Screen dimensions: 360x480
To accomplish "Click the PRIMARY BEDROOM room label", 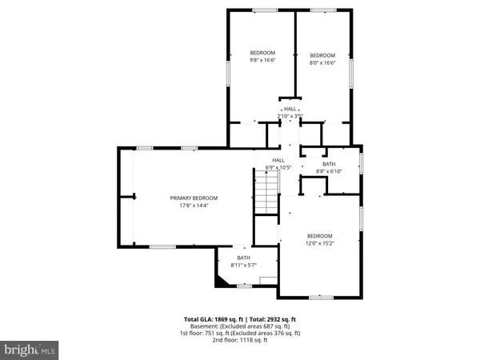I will pyautogui.click(x=194, y=198).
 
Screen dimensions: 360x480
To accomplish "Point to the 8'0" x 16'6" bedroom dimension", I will pyautogui.click(x=322, y=62).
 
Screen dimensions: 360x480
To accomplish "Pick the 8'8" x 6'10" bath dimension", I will pyautogui.click(x=329, y=171).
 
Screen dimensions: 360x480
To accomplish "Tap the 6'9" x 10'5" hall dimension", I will pyautogui.click(x=278, y=167).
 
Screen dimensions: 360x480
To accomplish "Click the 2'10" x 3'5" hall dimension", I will pyautogui.click(x=290, y=116).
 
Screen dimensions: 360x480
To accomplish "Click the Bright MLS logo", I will pyautogui.click(x=30, y=350).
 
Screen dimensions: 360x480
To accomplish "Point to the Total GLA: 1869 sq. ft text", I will pyautogui.click(x=214, y=318).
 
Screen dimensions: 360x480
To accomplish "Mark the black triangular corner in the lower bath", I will pyautogui.click(x=220, y=281).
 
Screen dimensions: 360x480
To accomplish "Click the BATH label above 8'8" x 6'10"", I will pyautogui.click(x=329, y=164).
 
